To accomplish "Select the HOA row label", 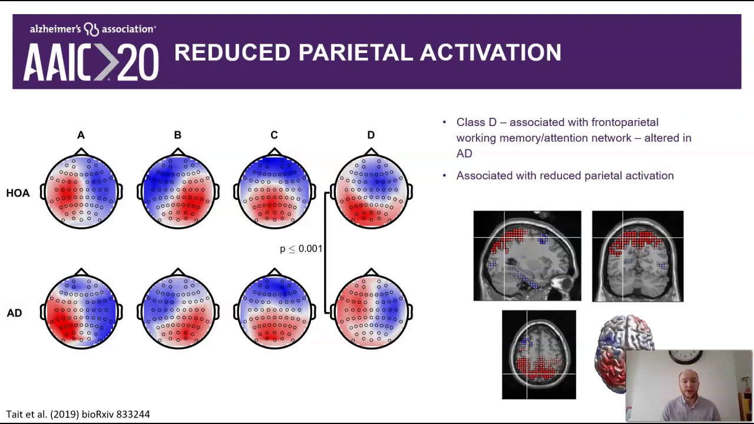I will [x=18, y=193].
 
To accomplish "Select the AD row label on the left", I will [x=14, y=313].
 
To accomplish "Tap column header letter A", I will [x=81, y=135].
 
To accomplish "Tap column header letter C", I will [x=274, y=135].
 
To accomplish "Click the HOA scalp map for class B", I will [x=178, y=190].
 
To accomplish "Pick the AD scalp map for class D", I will [x=371, y=310].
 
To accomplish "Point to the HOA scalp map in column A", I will [x=81, y=190].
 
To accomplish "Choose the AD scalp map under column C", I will [x=275, y=310].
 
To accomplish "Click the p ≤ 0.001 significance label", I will [x=301, y=249].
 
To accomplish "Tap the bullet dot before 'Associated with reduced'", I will [x=445, y=175].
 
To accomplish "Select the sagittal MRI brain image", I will [x=527, y=256].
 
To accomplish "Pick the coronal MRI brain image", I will [x=637, y=256].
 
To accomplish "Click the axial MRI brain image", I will [x=539, y=355].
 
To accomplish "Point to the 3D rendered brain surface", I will [x=613, y=347].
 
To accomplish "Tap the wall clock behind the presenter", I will [x=686, y=356].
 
